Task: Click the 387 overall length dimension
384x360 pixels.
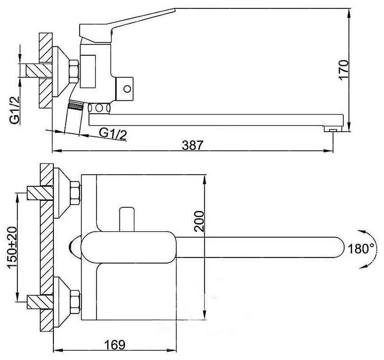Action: click(192, 145)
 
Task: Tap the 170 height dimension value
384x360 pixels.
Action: click(344, 69)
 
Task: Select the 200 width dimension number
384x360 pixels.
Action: click(199, 221)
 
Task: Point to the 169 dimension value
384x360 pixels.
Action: click(115, 345)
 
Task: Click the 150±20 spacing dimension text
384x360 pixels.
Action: click(13, 248)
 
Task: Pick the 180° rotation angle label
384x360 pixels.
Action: click(361, 249)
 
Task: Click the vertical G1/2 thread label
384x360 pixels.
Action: click(15, 110)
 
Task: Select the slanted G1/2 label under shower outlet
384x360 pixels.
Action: click(113, 134)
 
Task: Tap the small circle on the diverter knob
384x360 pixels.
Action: click(127, 88)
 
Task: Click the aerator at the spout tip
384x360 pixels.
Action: click(333, 129)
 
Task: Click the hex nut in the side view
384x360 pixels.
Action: click(74, 72)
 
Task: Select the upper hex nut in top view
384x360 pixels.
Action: click(75, 193)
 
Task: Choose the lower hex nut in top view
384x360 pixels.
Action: click(75, 302)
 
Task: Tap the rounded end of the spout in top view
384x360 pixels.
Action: click(339, 247)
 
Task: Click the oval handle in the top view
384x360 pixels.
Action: click(129, 247)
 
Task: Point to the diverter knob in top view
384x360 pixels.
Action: click(127, 220)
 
